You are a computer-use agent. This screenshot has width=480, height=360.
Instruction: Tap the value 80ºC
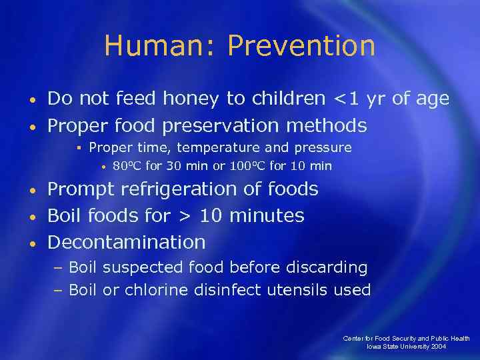click(127, 165)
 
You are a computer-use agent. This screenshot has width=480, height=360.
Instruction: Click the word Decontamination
click(127, 241)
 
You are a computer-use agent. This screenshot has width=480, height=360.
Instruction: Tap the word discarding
click(327, 268)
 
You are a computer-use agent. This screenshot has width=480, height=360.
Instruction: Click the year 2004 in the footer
click(439, 347)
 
